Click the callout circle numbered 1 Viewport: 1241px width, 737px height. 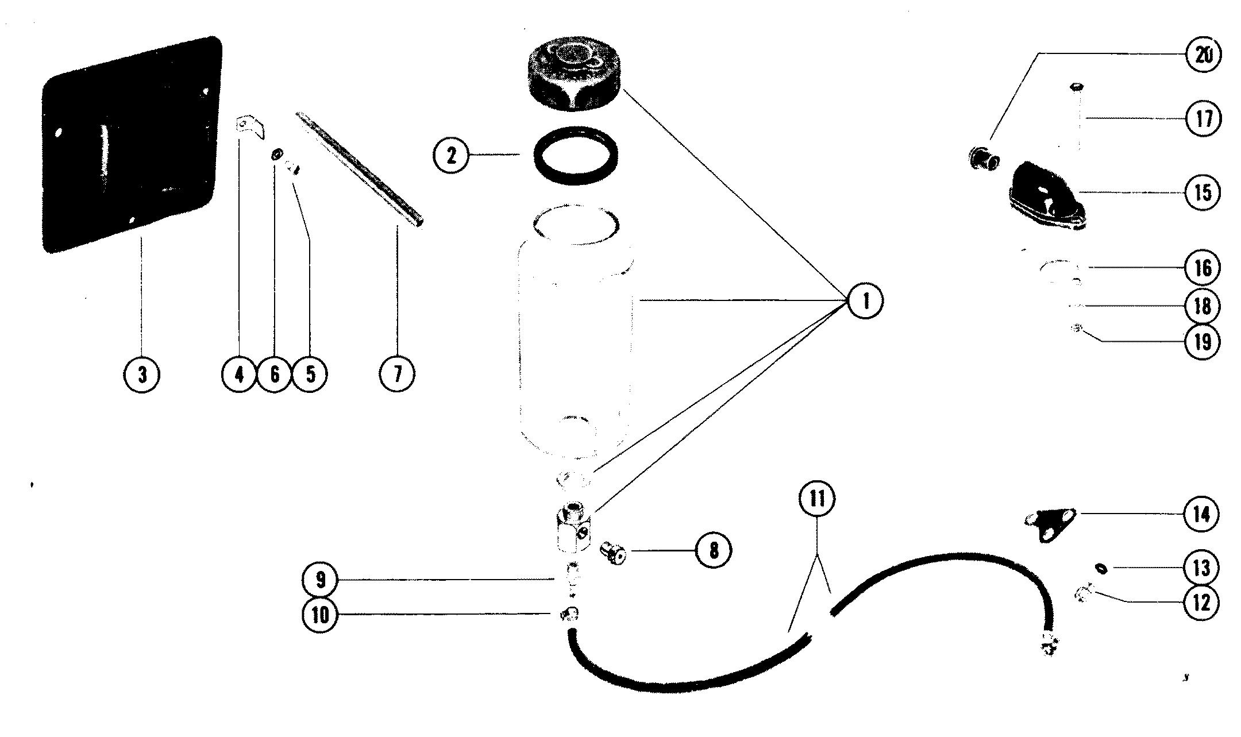(x=865, y=301)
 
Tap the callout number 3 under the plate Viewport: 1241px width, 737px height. (x=142, y=375)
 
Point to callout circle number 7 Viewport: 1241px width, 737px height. (x=396, y=375)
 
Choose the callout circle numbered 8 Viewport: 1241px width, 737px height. (x=713, y=550)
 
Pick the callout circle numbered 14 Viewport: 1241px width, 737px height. (x=1202, y=514)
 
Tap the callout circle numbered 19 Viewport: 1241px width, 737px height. (x=1203, y=342)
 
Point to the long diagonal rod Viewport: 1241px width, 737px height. (x=360, y=170)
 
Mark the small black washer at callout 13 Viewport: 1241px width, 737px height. (x=1100, y=569)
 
